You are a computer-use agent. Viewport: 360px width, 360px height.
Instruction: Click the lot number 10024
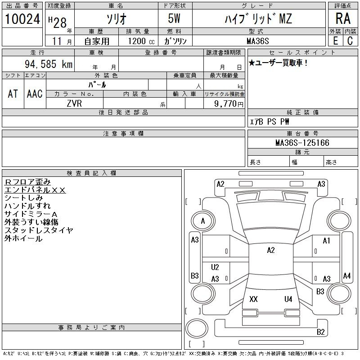[x=22, y=19]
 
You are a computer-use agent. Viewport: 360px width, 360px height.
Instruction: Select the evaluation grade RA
[x=343, y=18]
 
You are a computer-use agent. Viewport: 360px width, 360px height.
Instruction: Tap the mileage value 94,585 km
[x=49, y=64]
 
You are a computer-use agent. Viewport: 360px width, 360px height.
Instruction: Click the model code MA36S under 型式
[x=257, y=41]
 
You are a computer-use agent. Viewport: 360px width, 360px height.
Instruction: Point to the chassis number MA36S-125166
[x=302, y=143]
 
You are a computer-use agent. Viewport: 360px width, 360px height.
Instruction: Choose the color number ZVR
[x=74, y=103]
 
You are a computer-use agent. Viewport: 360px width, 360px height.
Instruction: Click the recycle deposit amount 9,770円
[x=229, y=104]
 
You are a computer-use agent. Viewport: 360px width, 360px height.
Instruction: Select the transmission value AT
[x=13, y=94]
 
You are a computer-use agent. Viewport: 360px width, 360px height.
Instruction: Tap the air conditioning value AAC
[x=35, y=94]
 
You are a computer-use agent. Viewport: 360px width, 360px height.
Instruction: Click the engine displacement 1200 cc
[x=141, y=41]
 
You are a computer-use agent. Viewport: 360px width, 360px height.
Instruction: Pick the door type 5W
[x=174, y=18]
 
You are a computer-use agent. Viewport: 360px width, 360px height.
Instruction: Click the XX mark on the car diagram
[x=253, y=299]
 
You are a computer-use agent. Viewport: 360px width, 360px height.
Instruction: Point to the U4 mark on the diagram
[x=288, y=299]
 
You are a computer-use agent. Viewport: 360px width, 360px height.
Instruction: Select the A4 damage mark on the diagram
[x=346, y=275]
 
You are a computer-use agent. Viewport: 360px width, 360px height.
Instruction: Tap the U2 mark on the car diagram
[x=215, y=267]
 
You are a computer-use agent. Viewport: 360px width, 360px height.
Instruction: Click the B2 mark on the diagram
[x=320, y=332]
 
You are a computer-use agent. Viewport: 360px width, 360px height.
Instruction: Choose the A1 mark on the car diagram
[x=326, y=241]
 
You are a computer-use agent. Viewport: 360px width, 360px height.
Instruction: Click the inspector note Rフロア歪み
[x=27, y=182]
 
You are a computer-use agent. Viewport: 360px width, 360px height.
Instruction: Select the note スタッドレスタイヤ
[x=39, y=230]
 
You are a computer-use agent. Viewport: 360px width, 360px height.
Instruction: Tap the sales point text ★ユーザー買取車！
[x=278, y=63]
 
